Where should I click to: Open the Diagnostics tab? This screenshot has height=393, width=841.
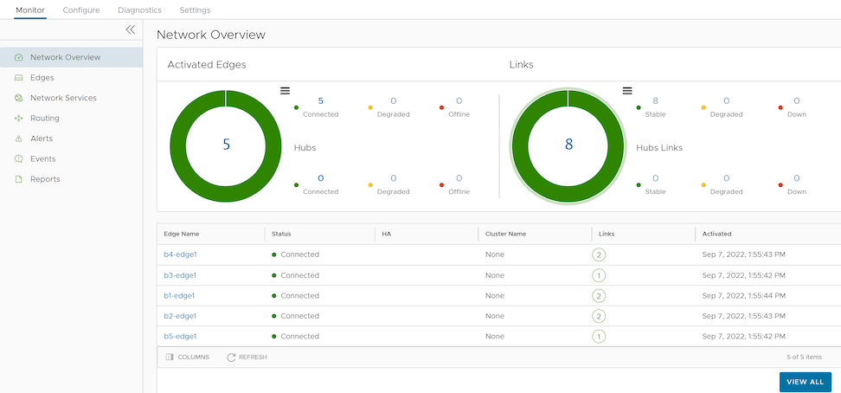point(139,10)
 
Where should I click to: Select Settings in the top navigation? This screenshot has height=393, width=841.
point(195,10)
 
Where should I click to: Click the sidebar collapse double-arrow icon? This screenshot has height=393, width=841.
point(131,29)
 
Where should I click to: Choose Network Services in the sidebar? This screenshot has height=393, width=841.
point(63,98)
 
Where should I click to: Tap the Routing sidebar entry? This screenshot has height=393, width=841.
point(44,118)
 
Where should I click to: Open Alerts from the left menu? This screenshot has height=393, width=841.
point(42,139)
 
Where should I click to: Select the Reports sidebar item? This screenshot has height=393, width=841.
point(45,179)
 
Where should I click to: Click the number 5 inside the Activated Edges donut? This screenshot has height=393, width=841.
point(227,144)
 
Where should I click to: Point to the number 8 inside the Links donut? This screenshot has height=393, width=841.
point(569,144)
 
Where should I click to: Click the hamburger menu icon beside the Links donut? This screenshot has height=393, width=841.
point(627,91)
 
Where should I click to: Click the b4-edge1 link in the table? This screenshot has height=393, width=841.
point(180,254)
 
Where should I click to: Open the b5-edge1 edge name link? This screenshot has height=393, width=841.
point(180,337)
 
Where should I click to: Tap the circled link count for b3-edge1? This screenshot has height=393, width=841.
point(599,275)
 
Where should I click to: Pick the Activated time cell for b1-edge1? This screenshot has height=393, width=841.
point(744,296)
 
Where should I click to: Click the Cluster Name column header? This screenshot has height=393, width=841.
point(506,234)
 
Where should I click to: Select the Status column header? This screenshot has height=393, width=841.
point(281,234)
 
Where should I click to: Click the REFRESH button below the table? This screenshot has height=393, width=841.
point(247,357)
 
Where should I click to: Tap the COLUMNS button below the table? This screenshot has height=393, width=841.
point(187,357)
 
